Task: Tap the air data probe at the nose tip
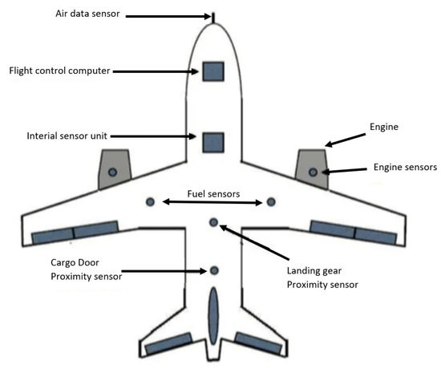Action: point(213,15)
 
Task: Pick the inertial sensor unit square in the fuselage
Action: point(212,142)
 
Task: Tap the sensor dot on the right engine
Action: point(313,172)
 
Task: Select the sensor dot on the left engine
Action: point(112,172)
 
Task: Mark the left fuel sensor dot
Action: point(150,201)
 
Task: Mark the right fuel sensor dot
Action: point(272,201)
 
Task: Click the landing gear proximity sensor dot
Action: point(212,221)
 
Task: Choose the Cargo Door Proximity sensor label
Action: point(78,270)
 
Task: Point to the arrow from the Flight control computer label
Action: point(152,71)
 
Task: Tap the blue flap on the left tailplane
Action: point(165,344)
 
